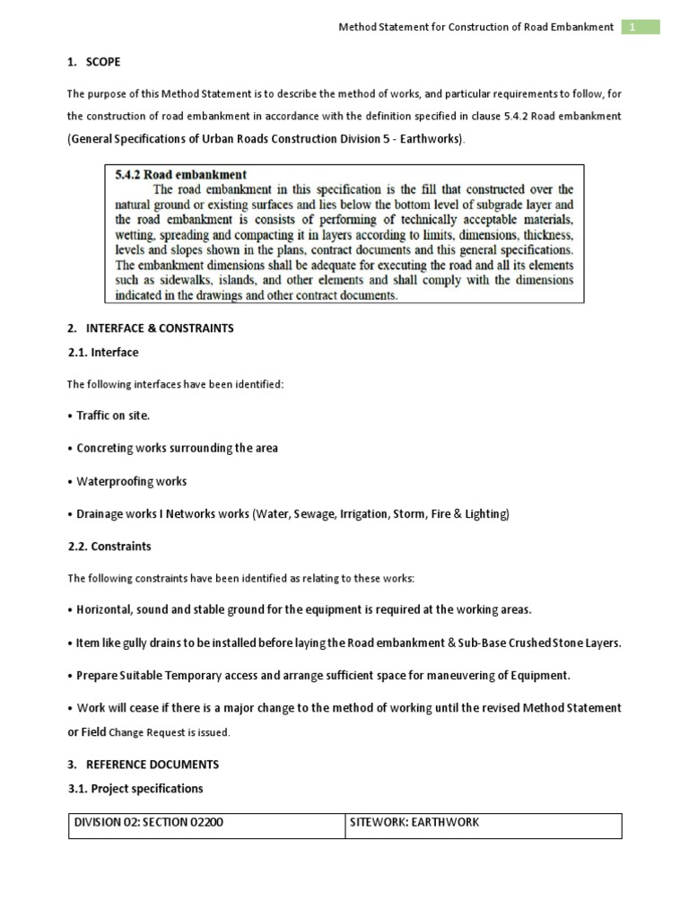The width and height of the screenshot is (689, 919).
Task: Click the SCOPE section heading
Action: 102,62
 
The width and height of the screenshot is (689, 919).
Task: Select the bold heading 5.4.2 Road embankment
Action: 181,175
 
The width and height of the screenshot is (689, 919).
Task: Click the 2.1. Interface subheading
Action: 103,353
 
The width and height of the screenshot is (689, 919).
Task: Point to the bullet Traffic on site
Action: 109,416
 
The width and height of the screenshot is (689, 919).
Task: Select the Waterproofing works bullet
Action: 127,482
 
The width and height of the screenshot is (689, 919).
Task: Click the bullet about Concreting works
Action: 173,449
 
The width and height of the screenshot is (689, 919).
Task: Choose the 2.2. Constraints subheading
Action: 109,546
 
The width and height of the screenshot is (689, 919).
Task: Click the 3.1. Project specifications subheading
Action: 135,789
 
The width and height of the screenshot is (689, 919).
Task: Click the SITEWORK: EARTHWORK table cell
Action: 414,823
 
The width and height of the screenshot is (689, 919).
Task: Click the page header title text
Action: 475,28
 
